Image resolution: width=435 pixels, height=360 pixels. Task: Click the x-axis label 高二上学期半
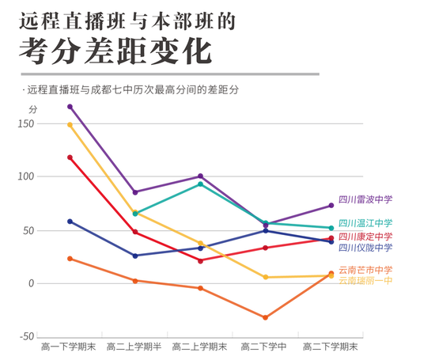(x=134, y=347)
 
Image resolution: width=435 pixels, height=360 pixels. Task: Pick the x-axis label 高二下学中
(x=264, y=347)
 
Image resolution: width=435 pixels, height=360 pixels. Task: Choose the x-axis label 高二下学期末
(x=331, y=347)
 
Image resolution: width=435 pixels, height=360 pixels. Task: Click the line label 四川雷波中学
(x=365, y=200)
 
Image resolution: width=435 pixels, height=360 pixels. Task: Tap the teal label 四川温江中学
(x=365, y=224)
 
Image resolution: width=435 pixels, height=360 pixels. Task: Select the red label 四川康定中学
(x=365, y=237)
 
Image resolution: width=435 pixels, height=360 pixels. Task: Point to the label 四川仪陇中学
(x=365, y=248)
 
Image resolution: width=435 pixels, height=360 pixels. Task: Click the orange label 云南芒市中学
(x=365, y=270)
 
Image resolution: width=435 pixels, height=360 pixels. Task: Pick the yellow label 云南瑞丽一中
(x=365, y=281)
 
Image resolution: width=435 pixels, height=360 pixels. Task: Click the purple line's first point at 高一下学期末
(x=70, y=106)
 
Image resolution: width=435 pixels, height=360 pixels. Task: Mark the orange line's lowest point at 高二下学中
(x=265, y=317)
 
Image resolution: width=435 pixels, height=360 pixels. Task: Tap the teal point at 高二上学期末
(x=200, y=184)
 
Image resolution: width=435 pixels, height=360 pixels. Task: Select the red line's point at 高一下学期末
(x=70, y=157)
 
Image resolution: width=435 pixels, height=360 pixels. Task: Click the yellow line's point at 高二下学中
(x=265, y=277)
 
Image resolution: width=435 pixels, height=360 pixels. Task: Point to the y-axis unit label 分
(x=32, y=108)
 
